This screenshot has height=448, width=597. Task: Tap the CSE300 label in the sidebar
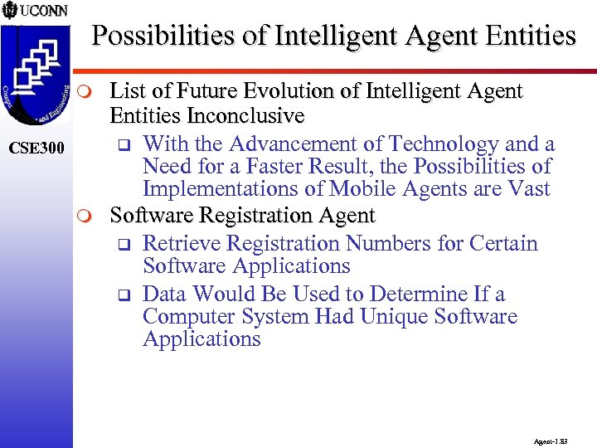(36, 149)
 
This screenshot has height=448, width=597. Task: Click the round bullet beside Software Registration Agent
(93, 217)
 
